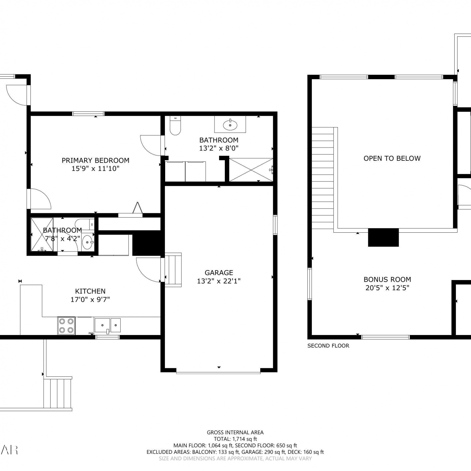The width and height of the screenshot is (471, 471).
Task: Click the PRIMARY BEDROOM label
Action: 95,160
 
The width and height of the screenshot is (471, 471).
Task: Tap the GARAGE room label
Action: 219,273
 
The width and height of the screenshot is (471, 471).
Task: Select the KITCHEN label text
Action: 90,291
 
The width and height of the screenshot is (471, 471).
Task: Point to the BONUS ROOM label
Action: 387,279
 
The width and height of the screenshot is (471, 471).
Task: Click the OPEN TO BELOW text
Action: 392,158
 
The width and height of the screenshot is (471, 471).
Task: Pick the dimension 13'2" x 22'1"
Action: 219,281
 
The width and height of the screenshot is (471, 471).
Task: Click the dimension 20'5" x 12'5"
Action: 387,288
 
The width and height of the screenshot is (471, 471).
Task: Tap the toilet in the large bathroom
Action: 175,125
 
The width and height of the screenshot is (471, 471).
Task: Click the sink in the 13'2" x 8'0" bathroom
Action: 230,125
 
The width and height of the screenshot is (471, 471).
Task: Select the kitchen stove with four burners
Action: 66,326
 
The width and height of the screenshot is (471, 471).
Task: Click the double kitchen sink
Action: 108,325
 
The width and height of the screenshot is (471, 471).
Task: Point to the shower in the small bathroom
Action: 42,234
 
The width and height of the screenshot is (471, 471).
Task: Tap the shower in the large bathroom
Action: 251,170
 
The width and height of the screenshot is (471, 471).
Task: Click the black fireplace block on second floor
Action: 383,237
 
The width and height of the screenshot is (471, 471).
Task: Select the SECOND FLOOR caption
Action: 328,346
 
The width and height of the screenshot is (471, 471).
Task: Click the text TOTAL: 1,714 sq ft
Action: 235,439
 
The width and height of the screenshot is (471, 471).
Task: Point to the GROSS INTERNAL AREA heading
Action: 235,432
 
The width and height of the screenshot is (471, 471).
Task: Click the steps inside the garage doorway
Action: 173,270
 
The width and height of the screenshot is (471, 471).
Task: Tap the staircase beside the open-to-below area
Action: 323,178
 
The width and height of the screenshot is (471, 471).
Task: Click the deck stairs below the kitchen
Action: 57,393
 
